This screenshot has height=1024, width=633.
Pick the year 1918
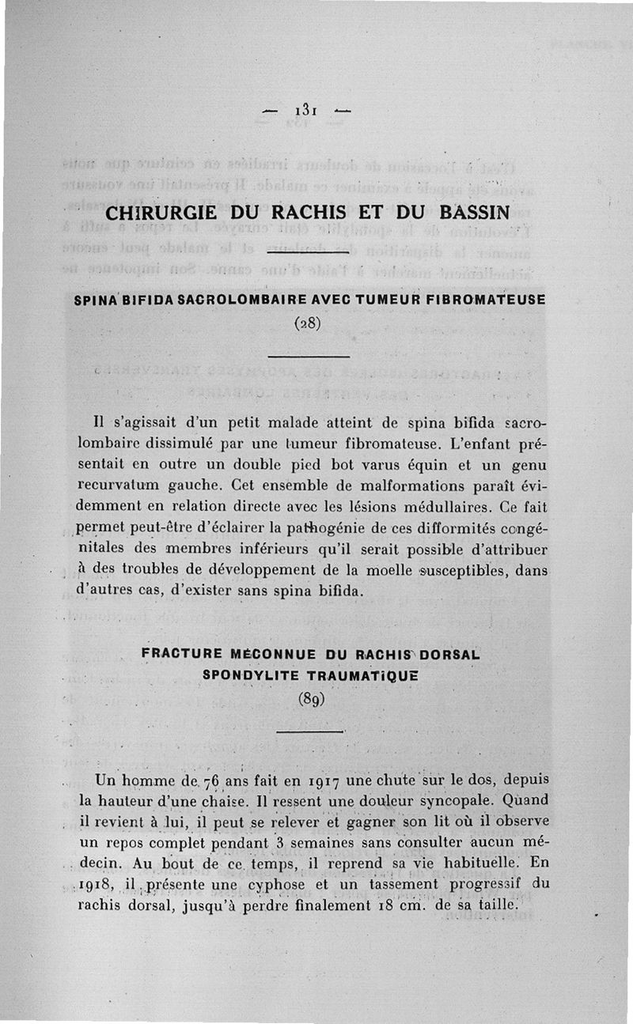point(95,885)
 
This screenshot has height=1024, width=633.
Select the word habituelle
point(483,863)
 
